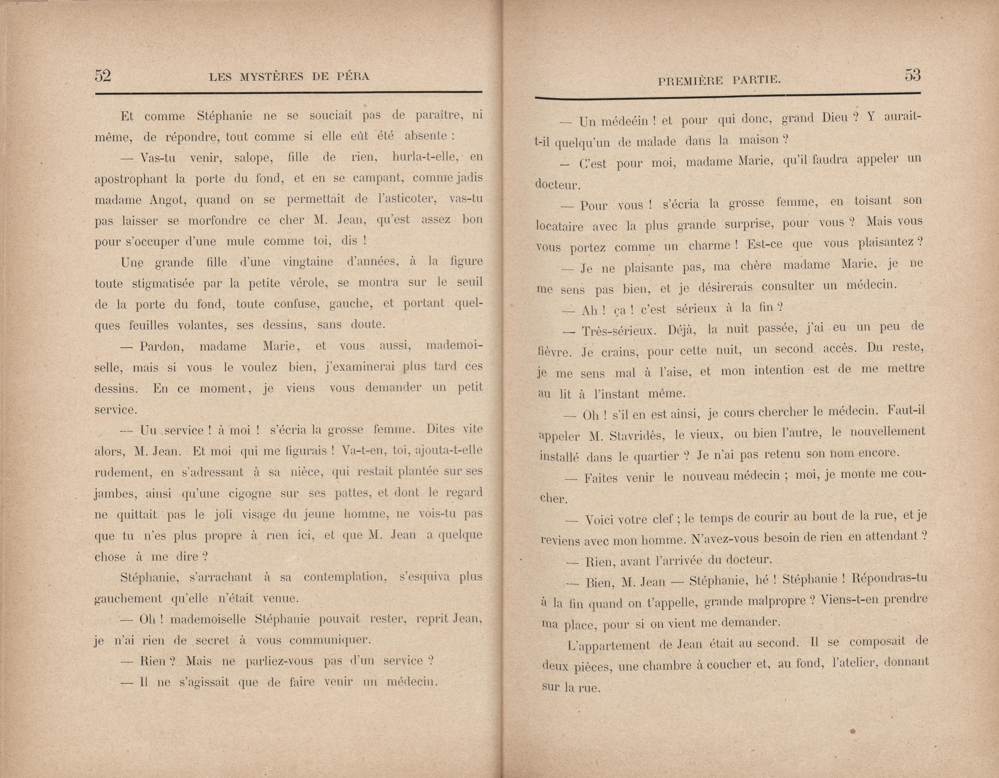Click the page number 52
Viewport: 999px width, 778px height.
[x=103, y=75]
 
